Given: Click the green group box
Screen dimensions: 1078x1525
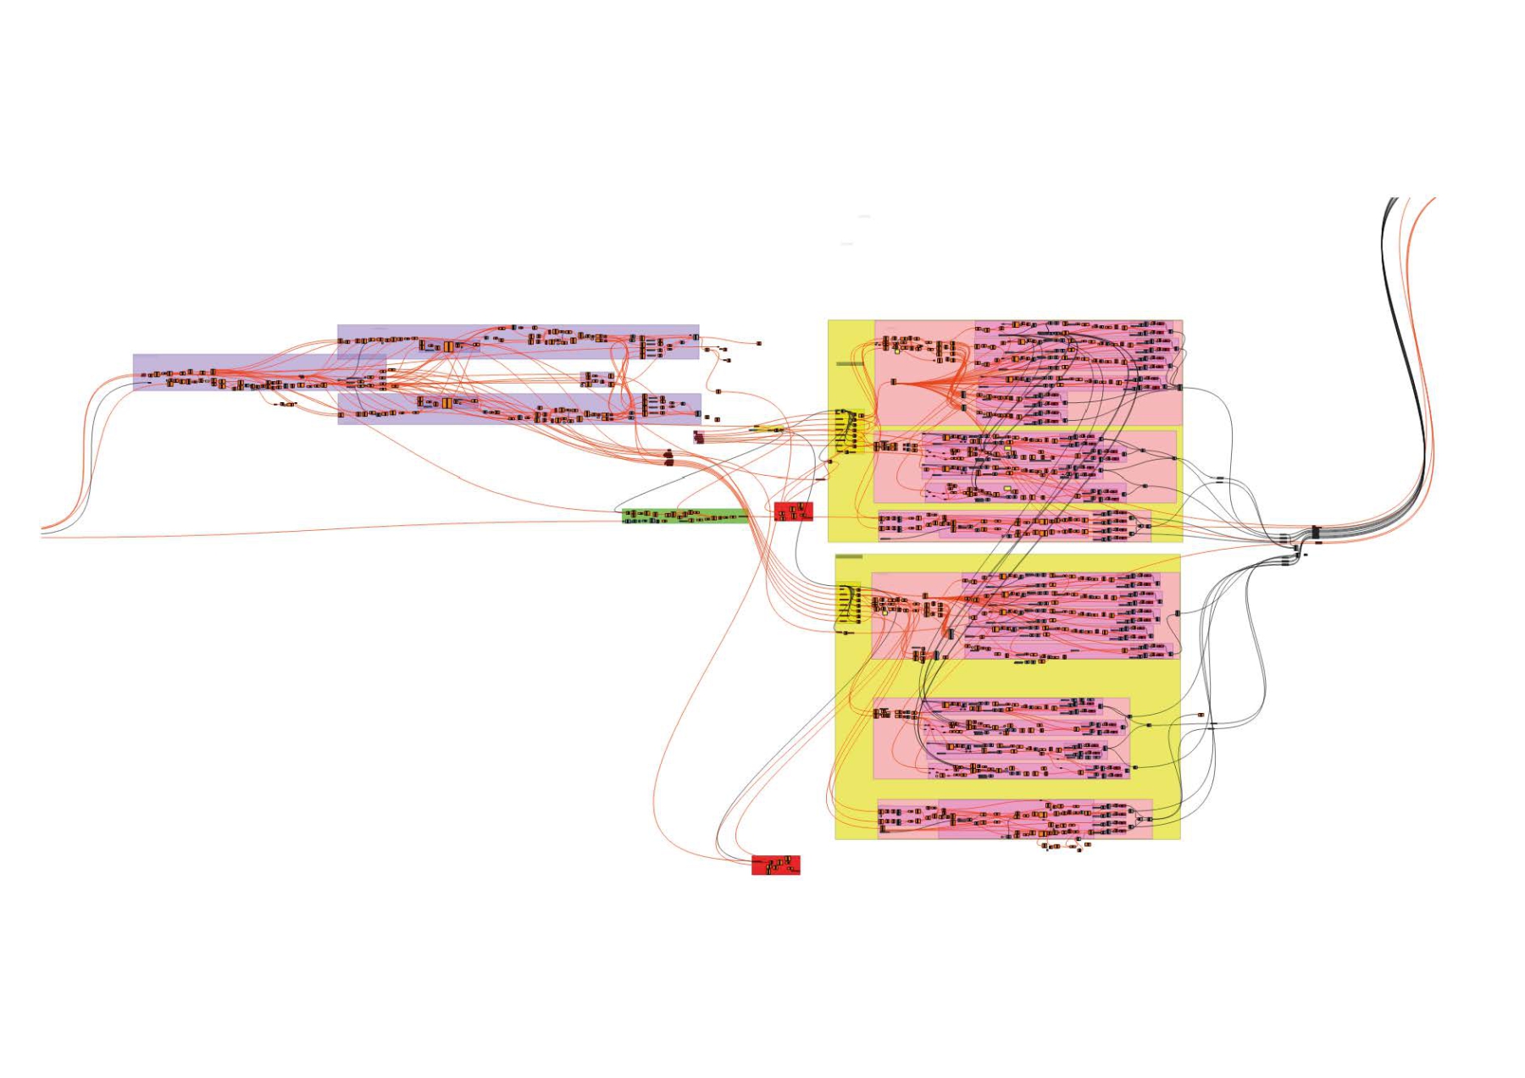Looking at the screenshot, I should [x=685, y=516].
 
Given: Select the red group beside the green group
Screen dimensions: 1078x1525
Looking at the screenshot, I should [x=793, y=511].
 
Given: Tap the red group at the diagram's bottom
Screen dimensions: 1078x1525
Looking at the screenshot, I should [x=775, y=865].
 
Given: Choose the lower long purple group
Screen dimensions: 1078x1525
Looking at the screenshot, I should [x=518, y=408].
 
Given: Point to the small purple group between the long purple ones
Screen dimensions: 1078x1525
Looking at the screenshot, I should [x=598, y=379].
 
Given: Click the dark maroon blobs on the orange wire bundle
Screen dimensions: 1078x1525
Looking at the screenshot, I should [x=668, y=458].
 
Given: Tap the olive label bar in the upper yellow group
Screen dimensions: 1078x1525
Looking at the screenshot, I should [x=850, y=363].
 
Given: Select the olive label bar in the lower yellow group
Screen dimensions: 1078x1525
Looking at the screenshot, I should [x=849, y=556].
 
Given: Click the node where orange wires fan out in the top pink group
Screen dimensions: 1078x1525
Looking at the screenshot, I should [x=893, y=383].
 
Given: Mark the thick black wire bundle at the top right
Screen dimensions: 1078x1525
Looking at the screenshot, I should [x=1389, y=254].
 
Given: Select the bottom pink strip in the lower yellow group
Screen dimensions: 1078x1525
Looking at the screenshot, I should [x=1014, y=819].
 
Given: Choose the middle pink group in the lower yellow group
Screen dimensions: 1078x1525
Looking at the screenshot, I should [x=1001, y=738].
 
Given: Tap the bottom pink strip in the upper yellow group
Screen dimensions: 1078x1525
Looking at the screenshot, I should [x=1013, y=525].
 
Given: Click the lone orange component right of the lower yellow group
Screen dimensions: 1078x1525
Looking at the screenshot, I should [x=1201, y=716].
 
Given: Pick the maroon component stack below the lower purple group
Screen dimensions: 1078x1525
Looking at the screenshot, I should [x=698, y=437].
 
